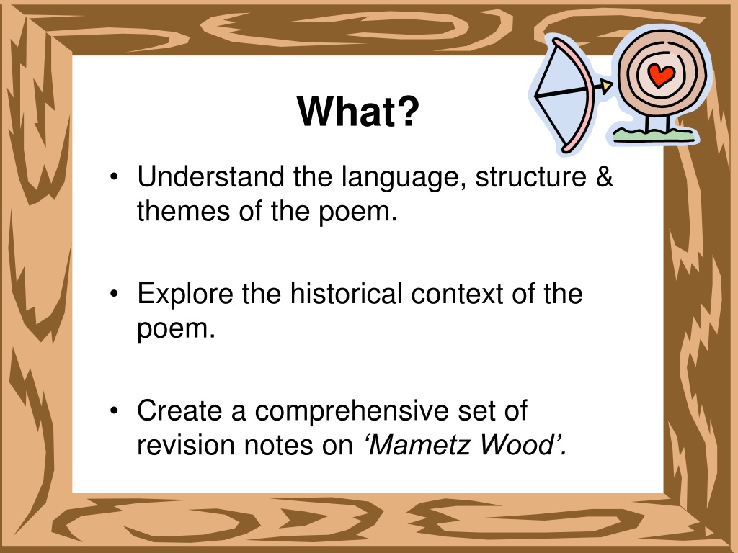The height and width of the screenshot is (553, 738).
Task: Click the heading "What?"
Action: [357, 112]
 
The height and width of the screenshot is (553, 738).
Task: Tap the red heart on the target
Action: [661, 75]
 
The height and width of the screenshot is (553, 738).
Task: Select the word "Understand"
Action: [210, 176]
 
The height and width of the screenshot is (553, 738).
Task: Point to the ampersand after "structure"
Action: [605, 176]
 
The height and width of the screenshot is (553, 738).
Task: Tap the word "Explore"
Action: [185, 294]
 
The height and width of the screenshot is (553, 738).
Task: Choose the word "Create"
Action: [179, 410]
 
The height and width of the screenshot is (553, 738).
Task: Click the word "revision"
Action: [185, 445]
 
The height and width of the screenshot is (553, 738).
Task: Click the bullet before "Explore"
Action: [114, 294]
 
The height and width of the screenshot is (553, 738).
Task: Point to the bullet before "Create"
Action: [114, 410]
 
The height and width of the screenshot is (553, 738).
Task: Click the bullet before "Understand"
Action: [114, 177]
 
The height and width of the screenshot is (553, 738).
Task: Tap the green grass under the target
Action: [654, 135]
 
